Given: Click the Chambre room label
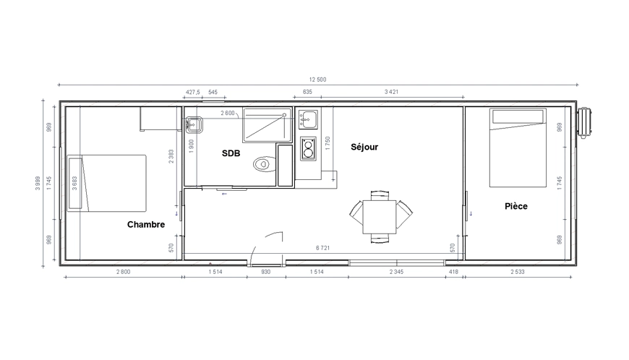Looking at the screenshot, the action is pyautogui.click(x=146, y=225).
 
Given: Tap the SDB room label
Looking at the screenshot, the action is pyautogui.click(x=231, y=153).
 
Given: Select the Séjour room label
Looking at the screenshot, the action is pyautogui.click(x=364, y=147).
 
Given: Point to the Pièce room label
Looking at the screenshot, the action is pyautogui.click(x=516, y=206).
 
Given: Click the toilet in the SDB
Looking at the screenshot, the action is pyautogui.click(x=265, y=164).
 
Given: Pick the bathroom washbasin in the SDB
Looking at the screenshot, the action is pyautogui.click(x=194, y=124).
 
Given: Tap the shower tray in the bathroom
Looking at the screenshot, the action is pyautogui.click(x=268, y=125).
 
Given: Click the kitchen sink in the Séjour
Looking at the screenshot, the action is pyautogui.click(x=308, y=119).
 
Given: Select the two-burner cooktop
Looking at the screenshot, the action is pyautogui.click(x=308, y=149).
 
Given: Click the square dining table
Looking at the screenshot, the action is pyautogui.click(x=380, y=217).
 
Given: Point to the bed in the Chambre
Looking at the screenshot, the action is pyautogui.click(x=107, y=183).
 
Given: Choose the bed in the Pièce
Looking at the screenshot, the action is pyautogui.click(x=518, y=147).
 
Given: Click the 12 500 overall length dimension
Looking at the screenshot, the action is pyautogui.click(x=317, y=80).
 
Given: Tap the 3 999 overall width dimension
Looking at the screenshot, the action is pyautogui.click(x=38, y=183).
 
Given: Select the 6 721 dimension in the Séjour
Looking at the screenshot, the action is pyautogui.click(x=323, y=248).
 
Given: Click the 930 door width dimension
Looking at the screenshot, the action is pyautogui.click(x=265, y=272).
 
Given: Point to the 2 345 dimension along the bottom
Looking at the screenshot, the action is pyautogui.click(x=396, y=272).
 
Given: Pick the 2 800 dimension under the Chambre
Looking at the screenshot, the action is pyautogui.click(x=124, y=272).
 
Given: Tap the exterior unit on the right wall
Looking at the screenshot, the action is pyautogui.click(x=584, y=123).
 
